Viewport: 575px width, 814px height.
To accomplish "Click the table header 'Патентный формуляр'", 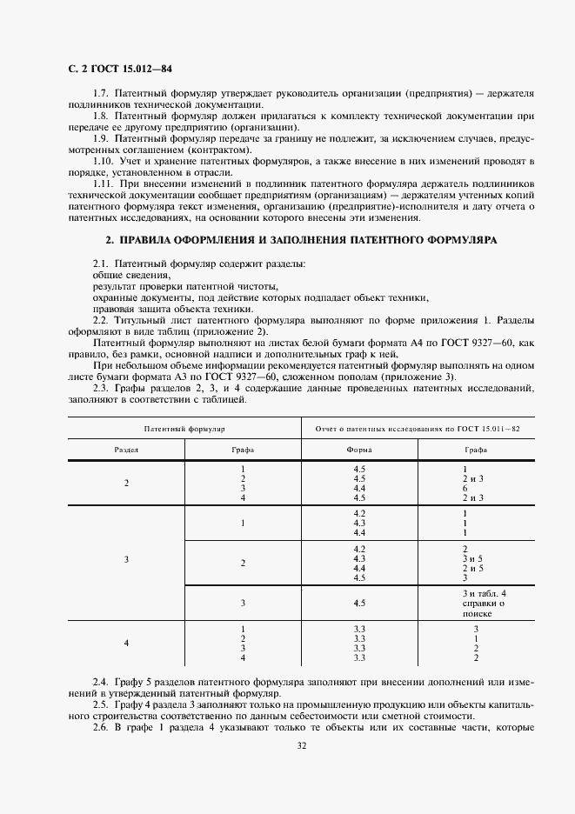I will [x=184, y=430].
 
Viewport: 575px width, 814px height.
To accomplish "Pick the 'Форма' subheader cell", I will [x=359, y=450].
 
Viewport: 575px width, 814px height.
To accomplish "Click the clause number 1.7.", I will [x=101, y=93].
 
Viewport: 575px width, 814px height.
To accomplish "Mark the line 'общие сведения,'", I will [x=120, y=275].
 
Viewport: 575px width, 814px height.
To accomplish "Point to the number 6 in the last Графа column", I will [x=465, y=488].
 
